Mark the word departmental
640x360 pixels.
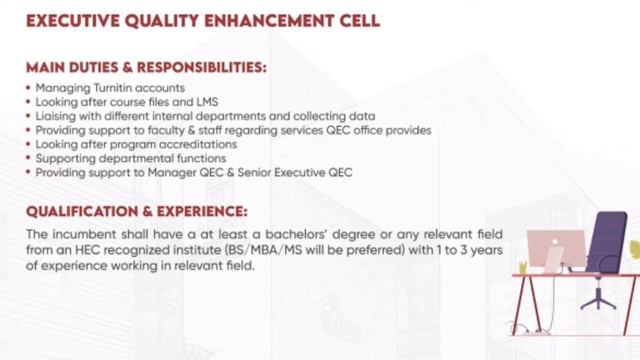point(128,158)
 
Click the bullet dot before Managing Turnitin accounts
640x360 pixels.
point(27,88)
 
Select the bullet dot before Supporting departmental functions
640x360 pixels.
point(27,158)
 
